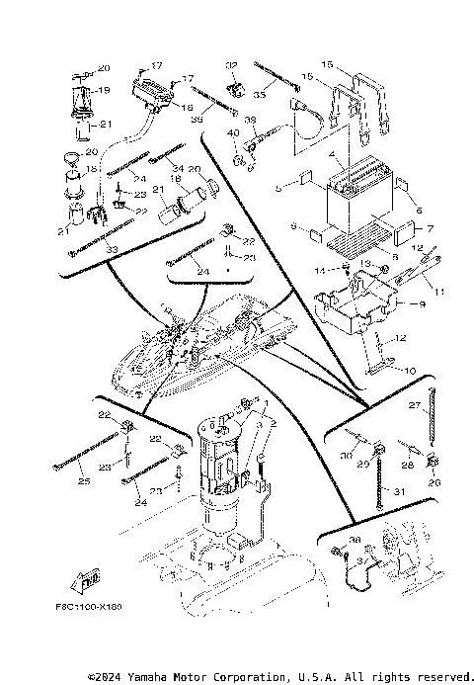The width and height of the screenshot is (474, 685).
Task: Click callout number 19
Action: click(x=103, y=90)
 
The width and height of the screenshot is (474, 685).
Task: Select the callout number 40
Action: click(x=233, y=133)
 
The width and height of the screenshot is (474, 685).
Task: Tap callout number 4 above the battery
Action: click(x=337, y=155)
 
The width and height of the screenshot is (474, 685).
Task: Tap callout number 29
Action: click(x=362, y=464)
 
